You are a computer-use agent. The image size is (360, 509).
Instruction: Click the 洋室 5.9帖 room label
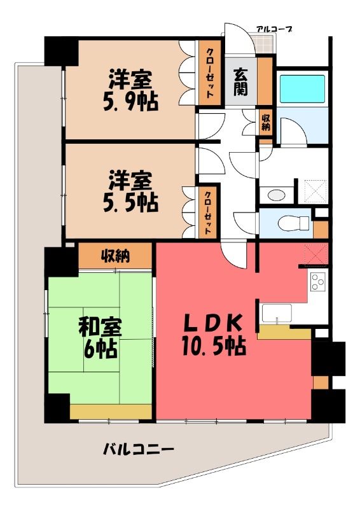pyautogui.click(x=130, y=90)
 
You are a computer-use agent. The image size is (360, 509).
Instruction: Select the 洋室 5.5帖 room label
pyautogui.click(x=130, y=192)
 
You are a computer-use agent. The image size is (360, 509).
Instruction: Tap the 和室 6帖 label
pyautogui.click(x=100, y=338)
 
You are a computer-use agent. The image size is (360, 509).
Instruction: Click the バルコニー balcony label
pyautogui.click(x=139, y=450)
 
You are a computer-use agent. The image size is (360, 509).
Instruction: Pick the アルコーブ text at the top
pyautogui.click(x=273, y=29)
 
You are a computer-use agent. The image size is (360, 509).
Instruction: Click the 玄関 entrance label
pyautogui.click(x=240, y=83)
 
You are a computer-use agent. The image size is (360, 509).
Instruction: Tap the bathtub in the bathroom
pyautogui.click(x=302, y=89)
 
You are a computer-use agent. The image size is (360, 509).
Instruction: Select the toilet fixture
pyautogui.click(x=294, y=223)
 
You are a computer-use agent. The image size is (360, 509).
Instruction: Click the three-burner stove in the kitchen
pyautogui.click(x=317, y=281)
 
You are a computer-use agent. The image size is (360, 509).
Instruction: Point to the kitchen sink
pyautogui.click(x=277, y=314)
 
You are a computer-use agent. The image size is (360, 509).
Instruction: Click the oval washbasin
pyautogui.click(x=277, y=195)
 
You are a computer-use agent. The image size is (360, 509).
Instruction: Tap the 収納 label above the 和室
pyautogui.click(x=115, y=256)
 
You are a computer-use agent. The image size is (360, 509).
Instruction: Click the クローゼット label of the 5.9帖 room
pyautogui.click(x=210, y=73)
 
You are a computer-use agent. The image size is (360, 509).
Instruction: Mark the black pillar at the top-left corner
pyautogui.click(x=61, y=52)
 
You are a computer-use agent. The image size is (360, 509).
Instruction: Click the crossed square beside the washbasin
pyautogui.click(x=312, y=192)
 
